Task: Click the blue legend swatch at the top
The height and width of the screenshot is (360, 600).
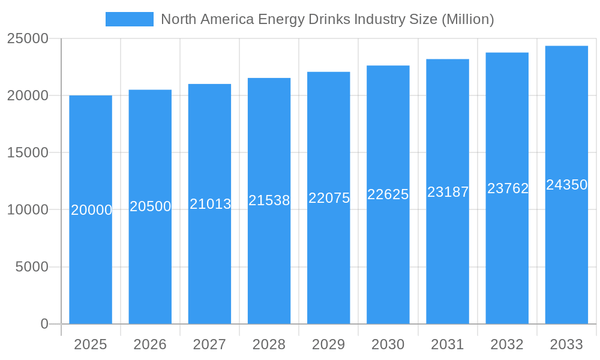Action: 129,19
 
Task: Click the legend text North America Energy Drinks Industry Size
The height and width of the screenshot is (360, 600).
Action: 328,19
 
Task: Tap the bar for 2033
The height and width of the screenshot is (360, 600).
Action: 566,252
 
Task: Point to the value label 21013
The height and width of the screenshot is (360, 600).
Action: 210,204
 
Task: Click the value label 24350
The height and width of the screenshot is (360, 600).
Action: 566,185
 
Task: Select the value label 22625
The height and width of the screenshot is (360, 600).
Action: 388,194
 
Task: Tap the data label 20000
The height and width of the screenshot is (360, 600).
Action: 91,210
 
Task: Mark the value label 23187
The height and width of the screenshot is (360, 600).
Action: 448,192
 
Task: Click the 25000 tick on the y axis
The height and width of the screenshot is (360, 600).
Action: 28,38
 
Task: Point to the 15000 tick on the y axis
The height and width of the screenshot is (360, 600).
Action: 28,152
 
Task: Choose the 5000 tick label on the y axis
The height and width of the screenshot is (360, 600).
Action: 31,267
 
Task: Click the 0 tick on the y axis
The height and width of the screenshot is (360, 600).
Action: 44,324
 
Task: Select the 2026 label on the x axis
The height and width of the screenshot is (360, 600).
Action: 150,344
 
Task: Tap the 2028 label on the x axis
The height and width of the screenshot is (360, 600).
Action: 269,344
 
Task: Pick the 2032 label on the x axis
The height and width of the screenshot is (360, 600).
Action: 507,344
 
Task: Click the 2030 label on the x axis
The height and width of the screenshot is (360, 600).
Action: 388,344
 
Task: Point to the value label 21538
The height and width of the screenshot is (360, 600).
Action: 269,200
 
